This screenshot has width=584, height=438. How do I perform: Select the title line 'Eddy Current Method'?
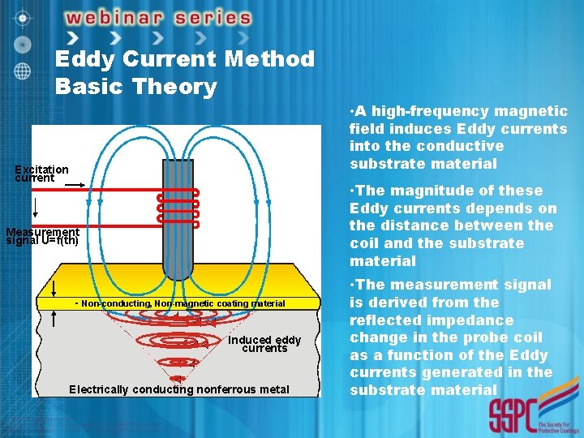tap(185, 58)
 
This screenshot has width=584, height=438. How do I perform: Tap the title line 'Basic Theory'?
tap(135, 86)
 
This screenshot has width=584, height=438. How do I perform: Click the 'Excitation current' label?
tap(41, 173)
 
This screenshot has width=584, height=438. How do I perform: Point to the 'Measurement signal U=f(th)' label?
tap(42, 236)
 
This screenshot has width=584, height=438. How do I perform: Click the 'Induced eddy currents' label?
tap(264, 344)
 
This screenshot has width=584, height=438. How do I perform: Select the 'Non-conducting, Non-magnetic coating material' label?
tap(182, 303)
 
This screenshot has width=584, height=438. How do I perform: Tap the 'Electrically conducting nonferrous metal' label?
tap(179, 389)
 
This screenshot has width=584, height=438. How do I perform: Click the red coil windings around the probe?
tap(178, 207)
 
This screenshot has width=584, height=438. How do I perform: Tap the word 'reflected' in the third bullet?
tap(386, 320)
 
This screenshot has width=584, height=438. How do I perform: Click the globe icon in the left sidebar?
tap(24, 70)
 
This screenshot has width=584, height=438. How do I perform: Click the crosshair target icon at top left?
tap(24, 16)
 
